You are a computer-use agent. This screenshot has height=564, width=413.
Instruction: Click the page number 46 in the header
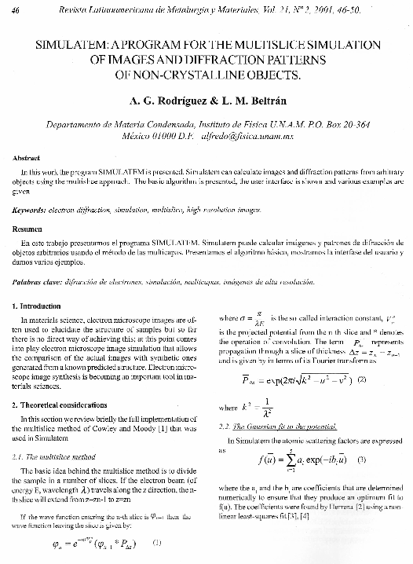click(17, 7)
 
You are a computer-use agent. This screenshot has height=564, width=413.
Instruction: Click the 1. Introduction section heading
click(41, 303)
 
